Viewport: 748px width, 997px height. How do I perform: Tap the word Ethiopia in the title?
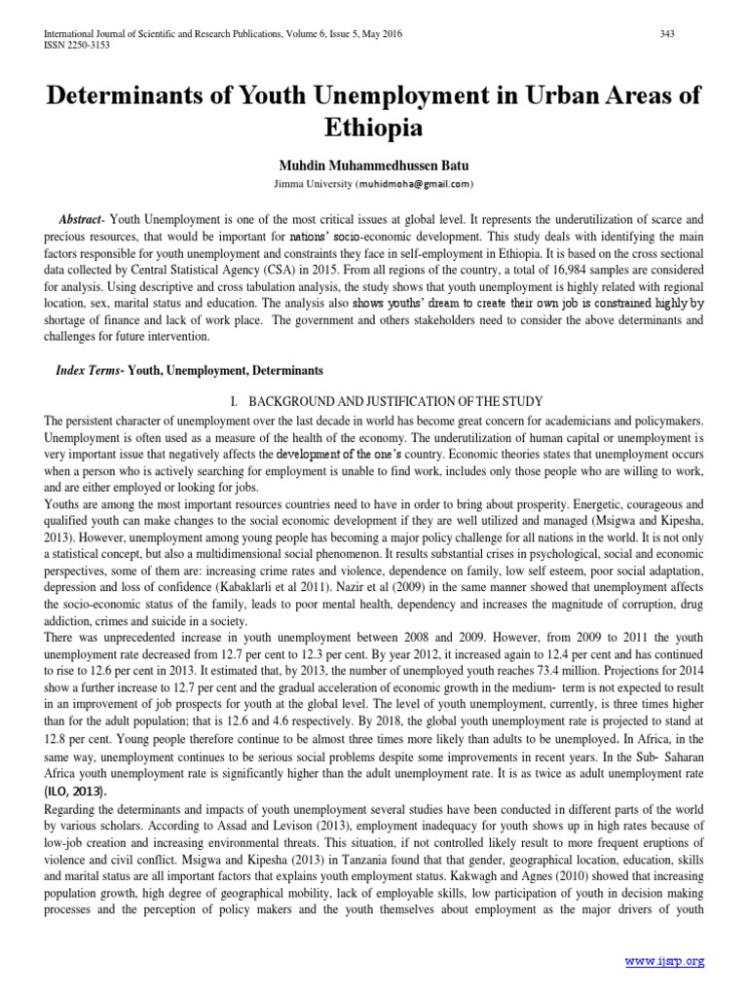[x=373, y=128]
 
